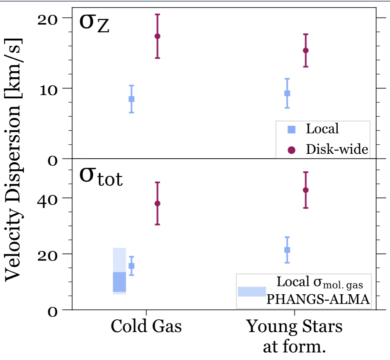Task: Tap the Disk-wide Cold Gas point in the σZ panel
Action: pyautogui.click(x=157, y=36)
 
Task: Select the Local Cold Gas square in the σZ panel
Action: pyautogui.click(x=132, y=99)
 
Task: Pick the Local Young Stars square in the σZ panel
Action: pyautogui.click(x=287, y=93)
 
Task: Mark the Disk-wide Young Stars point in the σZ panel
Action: pyautogui.click(x=306, y=51)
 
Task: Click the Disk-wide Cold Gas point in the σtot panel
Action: pyautogui.click(x=157, y=203)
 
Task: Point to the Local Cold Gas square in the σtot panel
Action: pyautogui.click(x=132, y=266)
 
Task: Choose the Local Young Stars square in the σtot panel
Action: pyautogui.click(x=287, y=250)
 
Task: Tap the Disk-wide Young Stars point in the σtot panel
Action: pyautogui.click(x=306, y=190)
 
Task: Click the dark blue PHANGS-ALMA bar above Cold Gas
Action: pyautogui.click(x=119, y=282)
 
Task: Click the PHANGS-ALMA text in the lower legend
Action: pyautogui.click(x=318, y=300)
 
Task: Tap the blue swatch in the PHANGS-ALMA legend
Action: pyautogui.click(x=252, y=291)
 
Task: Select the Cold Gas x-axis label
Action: pyautogui.click(x=146, y=327)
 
